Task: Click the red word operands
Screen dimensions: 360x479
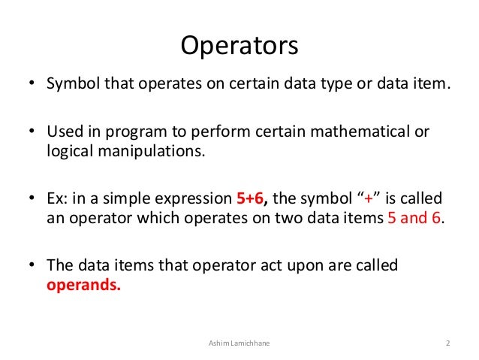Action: pyautogui.click(x=83, y=284)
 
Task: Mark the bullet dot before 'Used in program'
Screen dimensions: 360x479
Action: pyautogui.click(x=33, y=133)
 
